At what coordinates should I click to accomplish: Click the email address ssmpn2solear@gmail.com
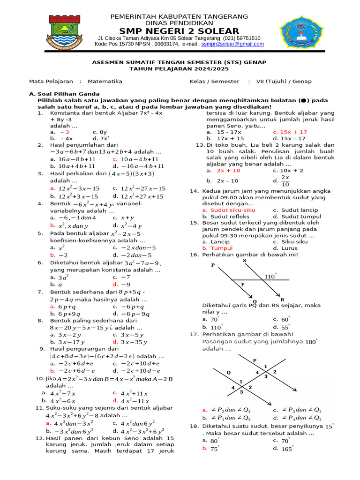pos(232,44)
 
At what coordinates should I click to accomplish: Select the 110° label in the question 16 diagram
pos(270,277)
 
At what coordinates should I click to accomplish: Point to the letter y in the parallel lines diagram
pos(242,284)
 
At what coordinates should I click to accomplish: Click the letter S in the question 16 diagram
pos(245,261)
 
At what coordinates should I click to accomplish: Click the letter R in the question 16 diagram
pos(282,300)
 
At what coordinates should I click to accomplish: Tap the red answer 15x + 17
pos(293,132)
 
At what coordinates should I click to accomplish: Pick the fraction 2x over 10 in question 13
pos(285,180)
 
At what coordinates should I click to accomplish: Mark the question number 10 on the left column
pos(40,379)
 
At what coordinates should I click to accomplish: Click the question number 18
pos(194,426)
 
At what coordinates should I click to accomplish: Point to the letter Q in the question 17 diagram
pos(229,373)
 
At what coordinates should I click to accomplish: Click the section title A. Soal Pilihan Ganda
pos(64,94)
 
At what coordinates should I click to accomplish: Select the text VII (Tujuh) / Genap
pos(284,81)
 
